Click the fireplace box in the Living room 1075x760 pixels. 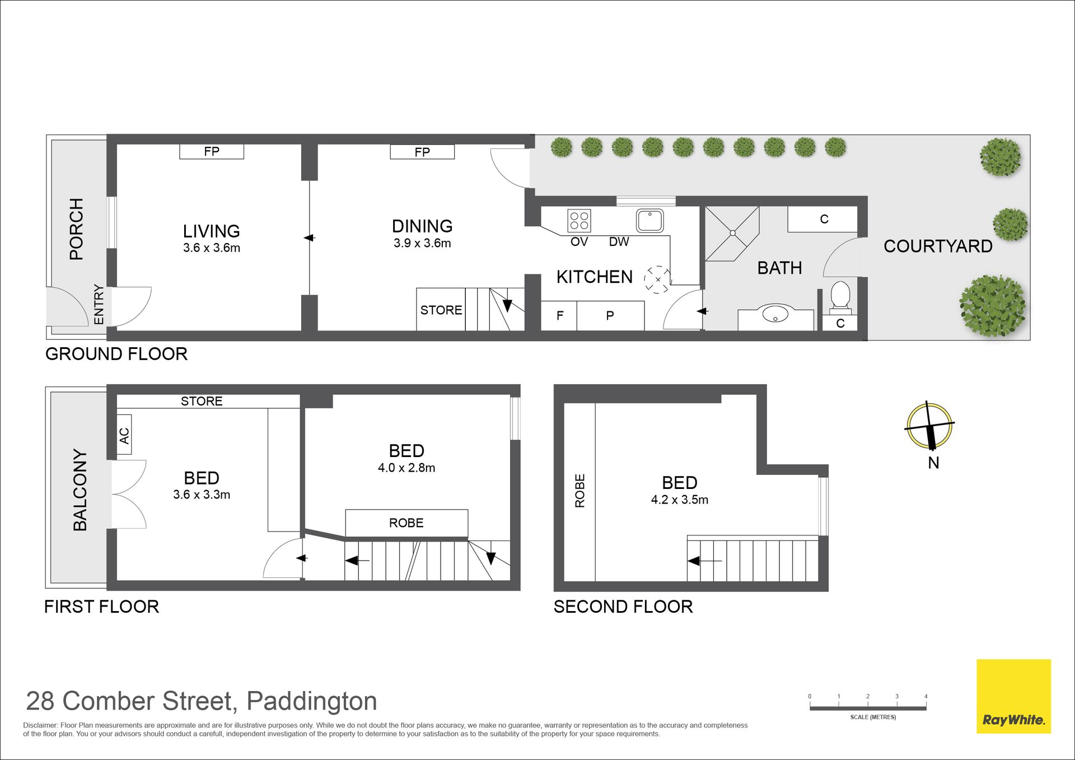tap(212, 151)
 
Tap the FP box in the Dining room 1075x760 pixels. tap(422, 152)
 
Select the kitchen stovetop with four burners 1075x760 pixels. tap(579, 221)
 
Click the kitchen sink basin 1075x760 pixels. tap(649, 221)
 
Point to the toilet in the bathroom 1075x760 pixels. tap(840, 297)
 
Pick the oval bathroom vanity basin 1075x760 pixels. tap(775, 313)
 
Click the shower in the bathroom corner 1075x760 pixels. tap(732, 234)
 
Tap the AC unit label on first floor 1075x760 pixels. tap(124, 435)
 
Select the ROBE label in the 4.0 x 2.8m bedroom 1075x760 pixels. tap(406, 523)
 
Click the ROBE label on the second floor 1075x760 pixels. tap(580, 491)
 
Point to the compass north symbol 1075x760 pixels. tap(929, 426)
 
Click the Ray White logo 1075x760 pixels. tap(1013, 696)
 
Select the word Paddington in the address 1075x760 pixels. tap(312, 701)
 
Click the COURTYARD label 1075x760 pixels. tap(938, 246)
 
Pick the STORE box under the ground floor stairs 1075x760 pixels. tap(441, 310)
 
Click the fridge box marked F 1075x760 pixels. tap(559, 316)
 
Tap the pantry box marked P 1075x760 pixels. tap(610, 316)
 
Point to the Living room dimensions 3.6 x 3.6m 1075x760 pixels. tap(212, 248)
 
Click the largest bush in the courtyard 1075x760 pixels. tap(993, 306)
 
